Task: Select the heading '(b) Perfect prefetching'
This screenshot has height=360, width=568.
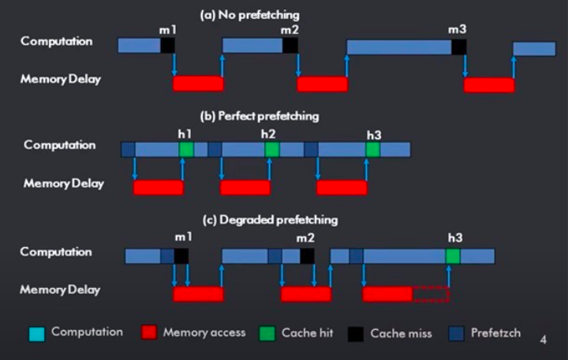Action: tap(260, 115)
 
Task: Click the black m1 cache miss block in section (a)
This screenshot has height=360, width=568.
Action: tap(167, 46)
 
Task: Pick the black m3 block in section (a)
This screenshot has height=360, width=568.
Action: tap(458, 47)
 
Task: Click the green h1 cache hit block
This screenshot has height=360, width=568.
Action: tap(186, 149)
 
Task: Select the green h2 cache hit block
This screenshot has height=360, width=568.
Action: tap(272, 149)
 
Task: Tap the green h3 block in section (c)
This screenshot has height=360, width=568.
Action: tap(453, 256)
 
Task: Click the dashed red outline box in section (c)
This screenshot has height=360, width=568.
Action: tap(430, 294)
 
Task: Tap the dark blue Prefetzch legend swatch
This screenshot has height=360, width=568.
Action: tap(454, 333)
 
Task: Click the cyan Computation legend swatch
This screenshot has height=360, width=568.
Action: tap(36, 333)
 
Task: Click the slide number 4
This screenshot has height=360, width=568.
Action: tap(543, 340)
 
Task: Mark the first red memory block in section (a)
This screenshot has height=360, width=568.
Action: tap(198, 84)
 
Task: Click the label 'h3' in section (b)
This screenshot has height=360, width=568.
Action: tap(374, 134)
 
